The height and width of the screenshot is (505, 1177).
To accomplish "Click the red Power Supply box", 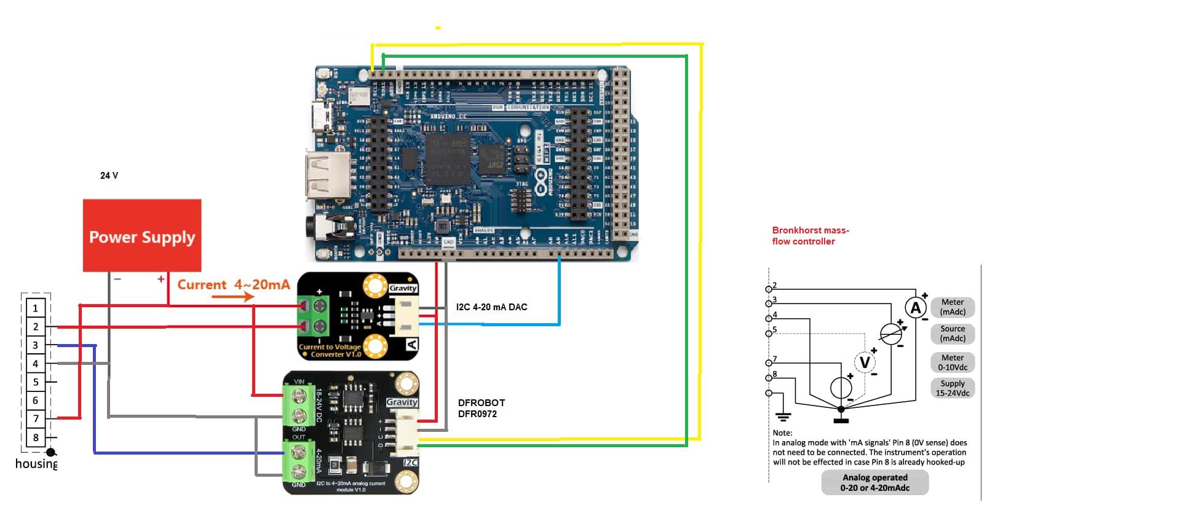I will click(x=142, y=235).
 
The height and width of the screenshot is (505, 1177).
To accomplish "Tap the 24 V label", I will click(x=109, y=176).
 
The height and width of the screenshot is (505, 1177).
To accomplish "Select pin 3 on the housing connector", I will click(x=36, y=345).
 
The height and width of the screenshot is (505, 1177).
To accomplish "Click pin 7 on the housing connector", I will click(x=36, y=418).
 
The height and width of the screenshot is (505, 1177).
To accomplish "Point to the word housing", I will click(x=36, y=464).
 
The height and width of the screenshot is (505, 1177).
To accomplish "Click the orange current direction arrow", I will click(x=232, y=297).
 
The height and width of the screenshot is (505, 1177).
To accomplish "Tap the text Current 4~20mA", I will click(x=233, y=284).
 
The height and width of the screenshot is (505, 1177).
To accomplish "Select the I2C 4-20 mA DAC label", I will click(x=491, y=307).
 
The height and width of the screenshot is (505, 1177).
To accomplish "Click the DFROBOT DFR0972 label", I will click(x=481, y=408).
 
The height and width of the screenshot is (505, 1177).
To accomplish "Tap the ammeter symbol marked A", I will click(x=915, y=308).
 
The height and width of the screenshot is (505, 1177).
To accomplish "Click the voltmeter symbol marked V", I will click(x=865, y=362).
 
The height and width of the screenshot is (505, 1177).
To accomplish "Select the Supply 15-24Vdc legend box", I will click(x=952, y=388).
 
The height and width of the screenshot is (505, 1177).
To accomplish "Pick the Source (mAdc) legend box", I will click(x=952, y=334).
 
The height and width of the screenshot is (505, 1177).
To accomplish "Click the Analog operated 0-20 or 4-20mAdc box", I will click(x=874, y=482).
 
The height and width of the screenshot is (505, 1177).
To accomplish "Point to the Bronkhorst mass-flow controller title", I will click(x=810, y=236).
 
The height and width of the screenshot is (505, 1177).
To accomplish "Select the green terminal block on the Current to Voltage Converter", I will click(x=312, y=315).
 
